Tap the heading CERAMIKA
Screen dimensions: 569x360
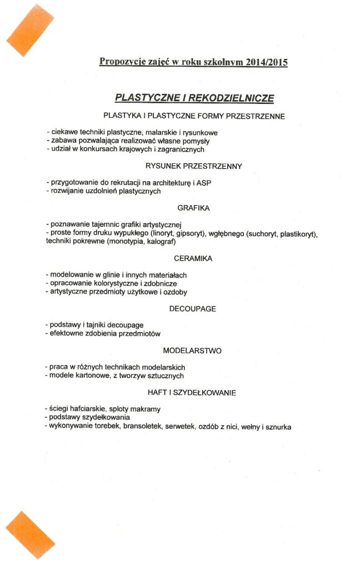193,258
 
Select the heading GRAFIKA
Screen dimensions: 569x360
193,208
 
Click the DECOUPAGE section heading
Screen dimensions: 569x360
193,308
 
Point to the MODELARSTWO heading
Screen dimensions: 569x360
193,351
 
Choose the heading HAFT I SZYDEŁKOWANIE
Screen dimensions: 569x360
192,393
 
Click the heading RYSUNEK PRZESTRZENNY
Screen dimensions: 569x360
193,166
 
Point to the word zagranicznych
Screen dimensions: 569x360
178,149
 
